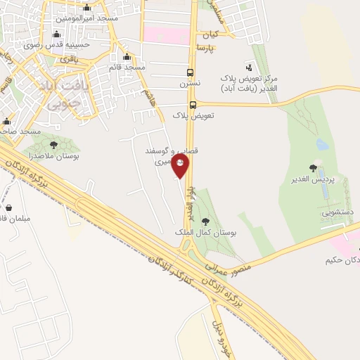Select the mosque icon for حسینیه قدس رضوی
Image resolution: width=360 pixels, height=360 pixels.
coord(56,35)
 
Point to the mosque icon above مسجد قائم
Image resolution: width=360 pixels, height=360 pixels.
coord(127,58)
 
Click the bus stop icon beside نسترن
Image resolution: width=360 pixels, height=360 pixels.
coord(190,72)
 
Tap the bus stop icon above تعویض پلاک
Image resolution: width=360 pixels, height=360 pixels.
coord(193,104)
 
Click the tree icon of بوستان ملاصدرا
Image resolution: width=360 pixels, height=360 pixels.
coord(54,145)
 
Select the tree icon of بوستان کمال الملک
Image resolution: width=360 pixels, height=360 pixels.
coord(205,221)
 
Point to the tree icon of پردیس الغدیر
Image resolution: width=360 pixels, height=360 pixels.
coord(313,167)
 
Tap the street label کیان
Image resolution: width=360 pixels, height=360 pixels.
coord(210,33)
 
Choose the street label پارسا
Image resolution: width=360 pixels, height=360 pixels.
coord(205,47)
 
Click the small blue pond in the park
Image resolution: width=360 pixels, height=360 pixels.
coord(323,145)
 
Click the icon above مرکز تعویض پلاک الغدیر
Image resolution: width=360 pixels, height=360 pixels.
coord(247,65)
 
